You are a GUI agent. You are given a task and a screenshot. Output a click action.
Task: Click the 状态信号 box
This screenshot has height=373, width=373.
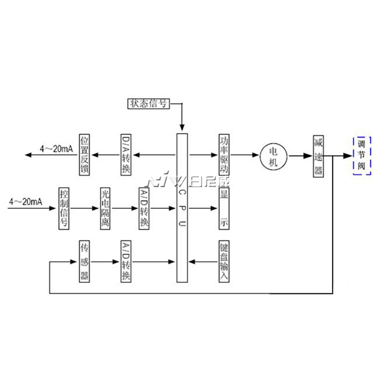149,104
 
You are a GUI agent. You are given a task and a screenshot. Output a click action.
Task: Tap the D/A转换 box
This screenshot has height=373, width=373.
126,154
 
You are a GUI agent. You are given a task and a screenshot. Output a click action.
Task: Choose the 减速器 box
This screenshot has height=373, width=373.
319,155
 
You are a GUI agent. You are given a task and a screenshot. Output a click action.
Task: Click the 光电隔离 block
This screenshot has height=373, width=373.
106,208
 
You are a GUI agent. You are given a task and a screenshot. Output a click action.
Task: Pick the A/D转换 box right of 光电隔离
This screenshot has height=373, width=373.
144,208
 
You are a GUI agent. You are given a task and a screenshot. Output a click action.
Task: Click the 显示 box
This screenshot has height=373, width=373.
224,209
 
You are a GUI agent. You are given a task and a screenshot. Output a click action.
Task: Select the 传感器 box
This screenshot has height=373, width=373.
85,261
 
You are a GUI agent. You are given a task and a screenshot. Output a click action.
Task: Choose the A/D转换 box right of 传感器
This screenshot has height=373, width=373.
126,261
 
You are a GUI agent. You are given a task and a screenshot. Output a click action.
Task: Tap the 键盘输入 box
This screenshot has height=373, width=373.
224,261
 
